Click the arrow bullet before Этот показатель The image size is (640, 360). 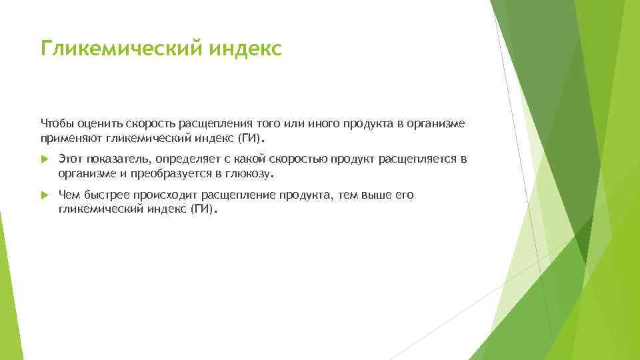44,160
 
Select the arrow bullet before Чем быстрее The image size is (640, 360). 44,196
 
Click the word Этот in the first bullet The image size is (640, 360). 71,160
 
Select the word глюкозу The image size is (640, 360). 249,174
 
